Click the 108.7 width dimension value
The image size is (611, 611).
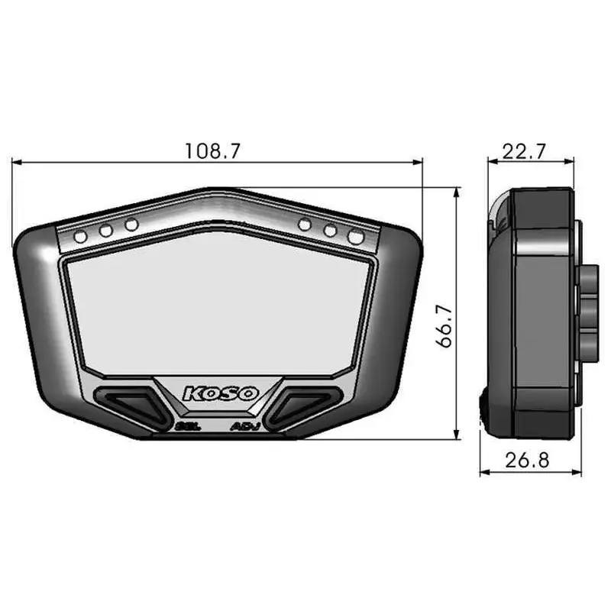coord(212,150)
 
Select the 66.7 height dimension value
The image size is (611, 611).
coord(444,326)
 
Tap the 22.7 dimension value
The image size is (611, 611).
coord(524,151)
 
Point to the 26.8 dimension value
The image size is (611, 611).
coord(527,461)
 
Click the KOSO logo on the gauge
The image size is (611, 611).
coord(221,393)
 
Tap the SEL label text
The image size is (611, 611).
coord(188,426)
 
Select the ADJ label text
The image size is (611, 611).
coord(246,426)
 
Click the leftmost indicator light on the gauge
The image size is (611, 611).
coord(81,237)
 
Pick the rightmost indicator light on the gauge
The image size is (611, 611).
coord(356,237)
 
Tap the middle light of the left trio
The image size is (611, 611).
coord(106,231)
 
